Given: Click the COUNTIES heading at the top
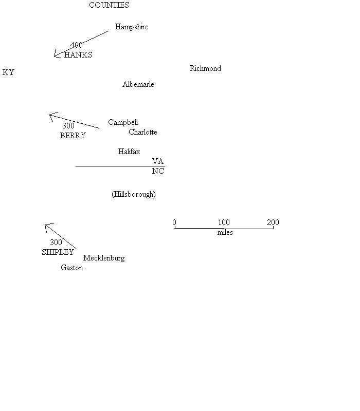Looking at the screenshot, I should [x=109, y=5].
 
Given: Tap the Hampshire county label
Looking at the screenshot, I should [x=132, y=27].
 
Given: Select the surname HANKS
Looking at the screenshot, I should [x=78, y=55].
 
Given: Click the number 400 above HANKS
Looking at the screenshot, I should [x=77, y=45].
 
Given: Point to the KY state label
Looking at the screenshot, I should [x=8, y=72].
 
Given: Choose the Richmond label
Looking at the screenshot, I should [x=205, y=68].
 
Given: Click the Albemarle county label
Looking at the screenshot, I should [x=138, y=84].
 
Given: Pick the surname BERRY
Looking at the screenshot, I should [x=73, y=136].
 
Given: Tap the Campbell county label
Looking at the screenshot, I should [x=123, y=122].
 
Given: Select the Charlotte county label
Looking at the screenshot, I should [x=143, y=132].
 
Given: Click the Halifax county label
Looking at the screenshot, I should [x=129, y=152].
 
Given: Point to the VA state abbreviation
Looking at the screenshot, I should [x=158, y=161].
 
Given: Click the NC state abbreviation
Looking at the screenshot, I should [x=158, y=171].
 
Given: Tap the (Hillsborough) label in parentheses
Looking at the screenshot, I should [x=134, y=194].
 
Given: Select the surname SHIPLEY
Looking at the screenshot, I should [x=58, y=252].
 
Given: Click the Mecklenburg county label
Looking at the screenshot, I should [x=104, y=258].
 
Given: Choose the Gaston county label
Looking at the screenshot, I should [x=72, y=268].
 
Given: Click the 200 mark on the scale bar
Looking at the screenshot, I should [x=273, y=222].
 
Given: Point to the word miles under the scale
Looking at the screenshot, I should [x=225, y=233].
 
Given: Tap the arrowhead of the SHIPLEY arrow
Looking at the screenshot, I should [x=46, y=225].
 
